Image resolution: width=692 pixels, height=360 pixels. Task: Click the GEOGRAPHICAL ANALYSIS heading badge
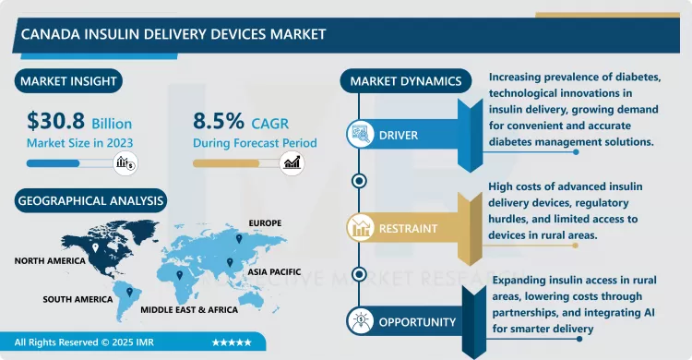[89, 198]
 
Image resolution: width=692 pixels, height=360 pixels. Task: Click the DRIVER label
[398, 136]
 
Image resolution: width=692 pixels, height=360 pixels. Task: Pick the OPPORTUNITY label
[416, 322]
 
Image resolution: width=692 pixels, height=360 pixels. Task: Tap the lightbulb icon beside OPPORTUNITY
[359, 321]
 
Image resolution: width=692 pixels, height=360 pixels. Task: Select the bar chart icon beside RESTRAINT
[359, 227]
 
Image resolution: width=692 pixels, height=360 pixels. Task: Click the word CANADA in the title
[46, 34]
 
